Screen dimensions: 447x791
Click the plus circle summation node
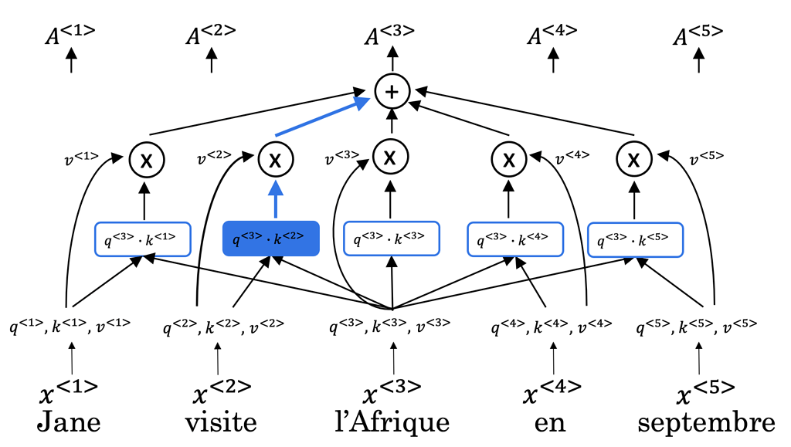(x=392, y=92)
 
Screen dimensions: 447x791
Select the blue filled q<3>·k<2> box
(x=270, y=239)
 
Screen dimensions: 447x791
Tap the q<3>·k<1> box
(x=143, y=239)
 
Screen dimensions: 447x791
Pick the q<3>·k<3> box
(x=391, y=239)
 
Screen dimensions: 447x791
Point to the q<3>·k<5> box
(x=634, y=239)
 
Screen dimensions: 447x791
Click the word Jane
(x=69, y=423)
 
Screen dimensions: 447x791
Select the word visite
(x=220, y=423)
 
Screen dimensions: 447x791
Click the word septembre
(x=705, y=423)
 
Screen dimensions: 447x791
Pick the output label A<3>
(x=392, y=35)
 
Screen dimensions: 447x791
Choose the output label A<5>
(x=698, y=35)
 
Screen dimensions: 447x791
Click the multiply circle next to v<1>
(x=144, y=160)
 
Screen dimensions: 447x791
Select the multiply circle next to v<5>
(x=634, y=160)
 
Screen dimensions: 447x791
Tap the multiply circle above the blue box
(x=274, y=160)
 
